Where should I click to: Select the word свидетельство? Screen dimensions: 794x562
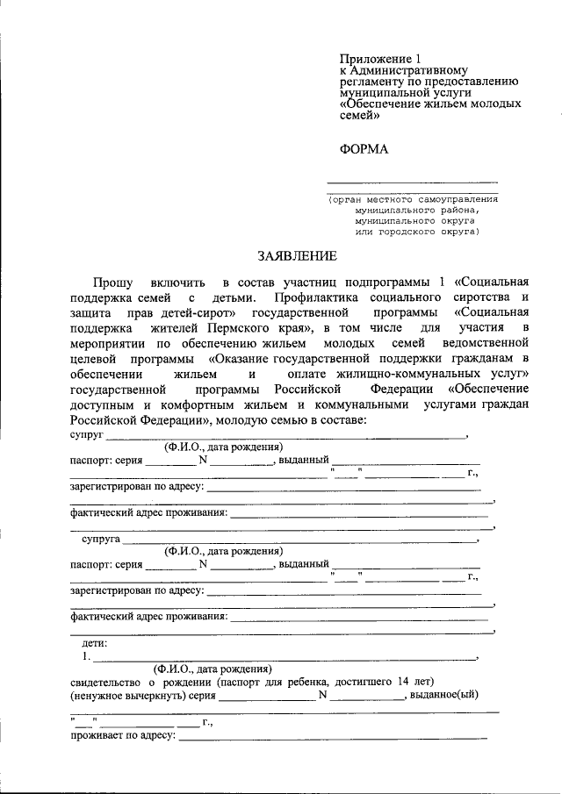[x=104, y=681]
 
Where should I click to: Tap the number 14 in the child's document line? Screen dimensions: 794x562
[x=403, y=681]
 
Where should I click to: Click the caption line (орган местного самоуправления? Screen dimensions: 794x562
[x=413, y=199]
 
